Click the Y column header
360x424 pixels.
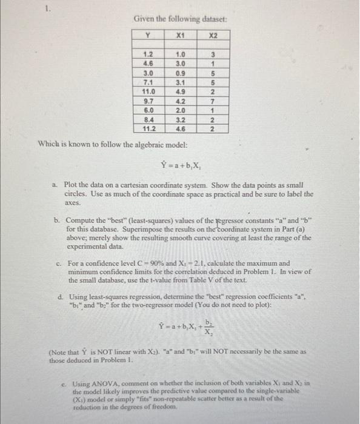click(x=146, y=36)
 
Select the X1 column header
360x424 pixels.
click(x=179, y=36)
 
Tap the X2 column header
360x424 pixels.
click(x=212, y=36)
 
